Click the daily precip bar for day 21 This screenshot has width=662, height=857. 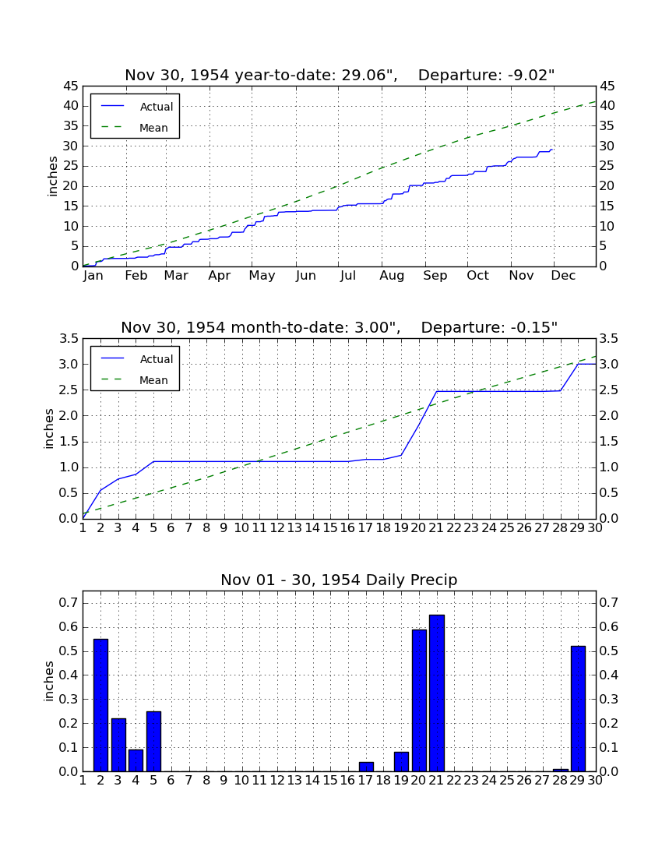(437, 693)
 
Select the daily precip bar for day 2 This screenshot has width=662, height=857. (100, 705)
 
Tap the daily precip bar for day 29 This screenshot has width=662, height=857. (578, 709)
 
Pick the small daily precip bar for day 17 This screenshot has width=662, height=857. (366, 767)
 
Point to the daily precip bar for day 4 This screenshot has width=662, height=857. (136, 760)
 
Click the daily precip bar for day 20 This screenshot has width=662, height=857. (419, 700)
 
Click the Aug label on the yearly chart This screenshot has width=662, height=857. (392, 276)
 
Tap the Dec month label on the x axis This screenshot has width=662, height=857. (563, 276)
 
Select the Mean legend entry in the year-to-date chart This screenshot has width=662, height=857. (135, 128)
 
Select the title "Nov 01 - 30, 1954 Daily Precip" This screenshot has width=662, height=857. (339, 580)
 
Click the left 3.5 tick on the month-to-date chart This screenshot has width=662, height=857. (69, 339)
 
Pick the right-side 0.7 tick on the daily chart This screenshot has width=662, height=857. (609, 603)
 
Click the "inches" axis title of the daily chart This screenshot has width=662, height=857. (48, 681)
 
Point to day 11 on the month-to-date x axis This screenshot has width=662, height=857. (259, 528)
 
